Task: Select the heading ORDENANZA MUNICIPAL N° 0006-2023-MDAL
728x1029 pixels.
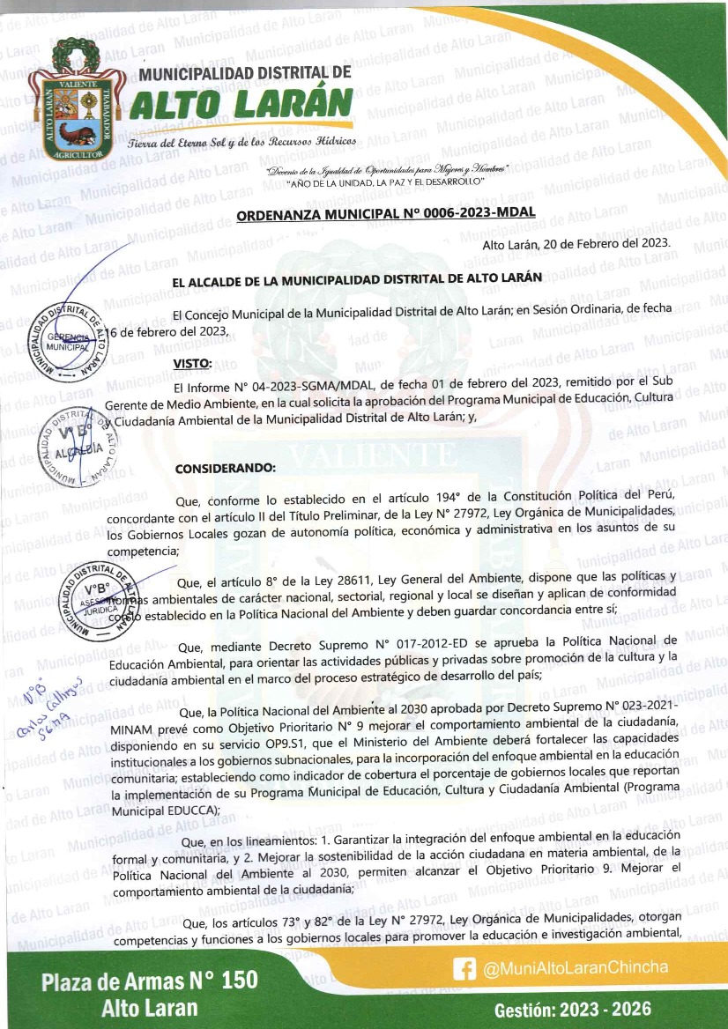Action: [387, 212]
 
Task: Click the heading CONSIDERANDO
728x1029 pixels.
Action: [226, 468]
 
